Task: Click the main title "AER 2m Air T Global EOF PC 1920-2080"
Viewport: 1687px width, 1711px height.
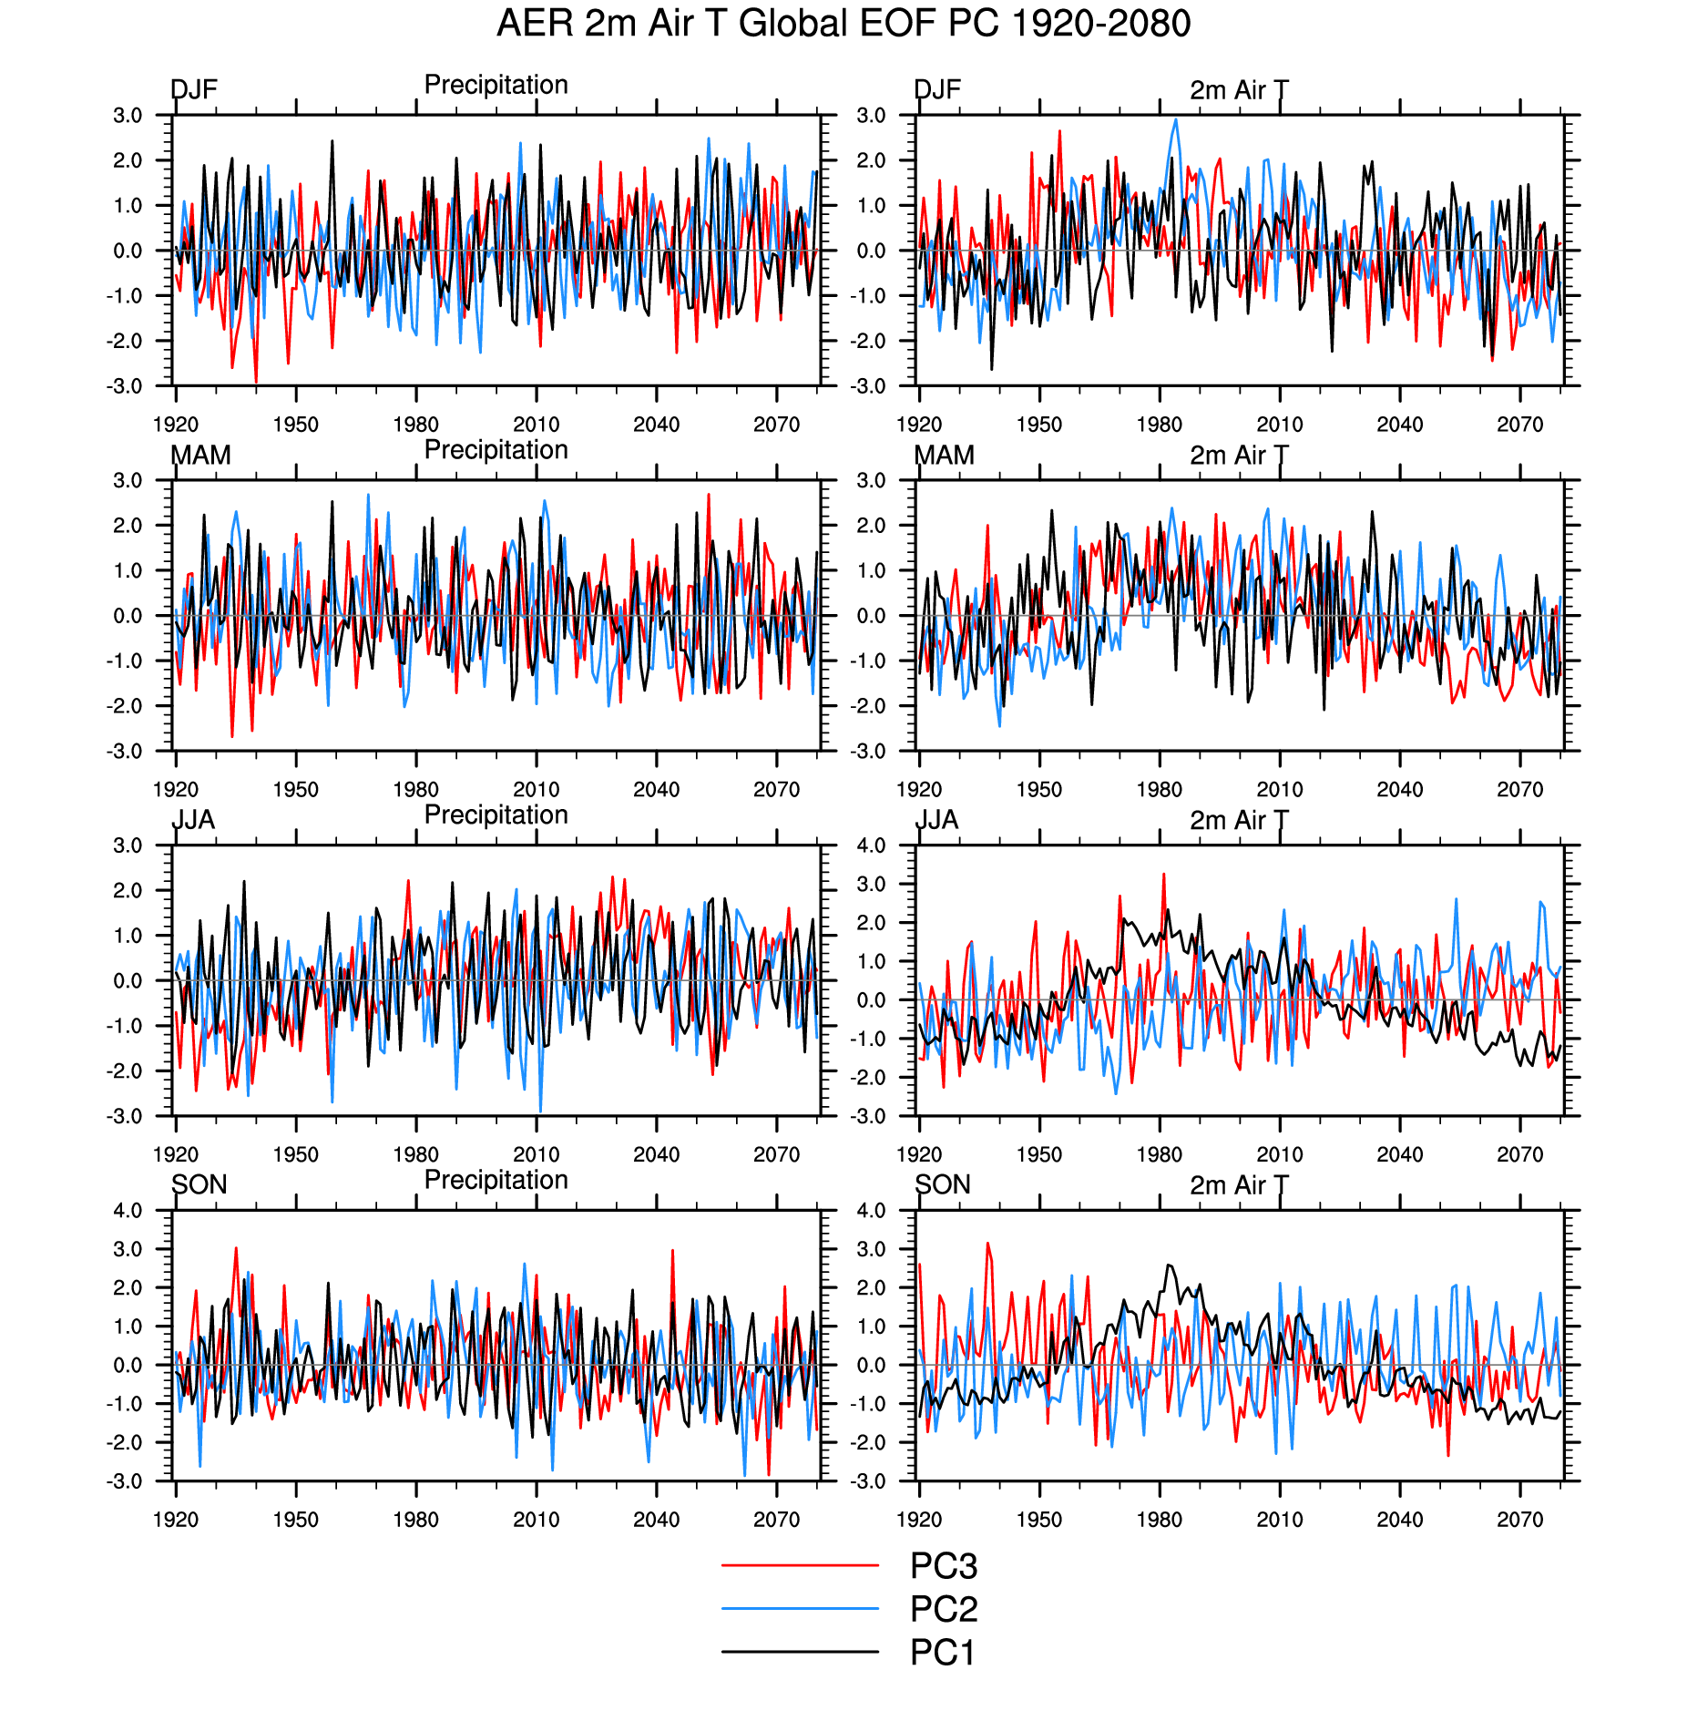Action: click(x=843, y=24)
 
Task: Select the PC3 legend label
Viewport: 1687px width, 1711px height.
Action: click(x=943, y=1566)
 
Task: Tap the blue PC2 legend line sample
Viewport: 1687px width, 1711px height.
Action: click(x=799, y=1609)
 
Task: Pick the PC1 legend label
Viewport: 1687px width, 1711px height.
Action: click(x=942, y=1653)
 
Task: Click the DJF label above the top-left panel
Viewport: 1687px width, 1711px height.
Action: click(x=194, y=89)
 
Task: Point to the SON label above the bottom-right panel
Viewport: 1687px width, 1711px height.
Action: click(x=942, y=1184)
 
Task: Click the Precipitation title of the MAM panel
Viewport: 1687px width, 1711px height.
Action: click(x=496, y=450)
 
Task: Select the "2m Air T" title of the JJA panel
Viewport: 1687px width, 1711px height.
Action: click(x=1239, y=820)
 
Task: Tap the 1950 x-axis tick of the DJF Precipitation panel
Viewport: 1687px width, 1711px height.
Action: click(x=295, y=425)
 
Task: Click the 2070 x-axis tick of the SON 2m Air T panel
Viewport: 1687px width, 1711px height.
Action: click(x=1519, y=1520)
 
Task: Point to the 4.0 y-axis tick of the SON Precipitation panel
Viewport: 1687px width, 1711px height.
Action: click(x=128, y=1211)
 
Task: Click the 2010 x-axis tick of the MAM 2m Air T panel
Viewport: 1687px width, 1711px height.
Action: click(x=1279, y=790)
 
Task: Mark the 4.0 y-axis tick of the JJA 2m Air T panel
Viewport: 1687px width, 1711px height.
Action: click(x=871, y=845)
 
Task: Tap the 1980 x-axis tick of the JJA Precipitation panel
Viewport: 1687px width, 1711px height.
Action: click(x=415, y=1155)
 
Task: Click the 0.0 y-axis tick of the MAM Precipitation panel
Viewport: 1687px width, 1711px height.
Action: click(x=128, y=616)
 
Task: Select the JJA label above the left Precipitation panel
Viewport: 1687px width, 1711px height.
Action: click(x=194, y=820)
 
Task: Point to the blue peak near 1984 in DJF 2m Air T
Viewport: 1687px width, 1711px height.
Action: click(x=1176, y=119)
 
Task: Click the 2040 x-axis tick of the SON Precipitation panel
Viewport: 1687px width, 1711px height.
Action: click(x=656, y=1520)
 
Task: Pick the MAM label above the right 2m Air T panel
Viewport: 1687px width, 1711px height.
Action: click(x=944, y=455)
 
